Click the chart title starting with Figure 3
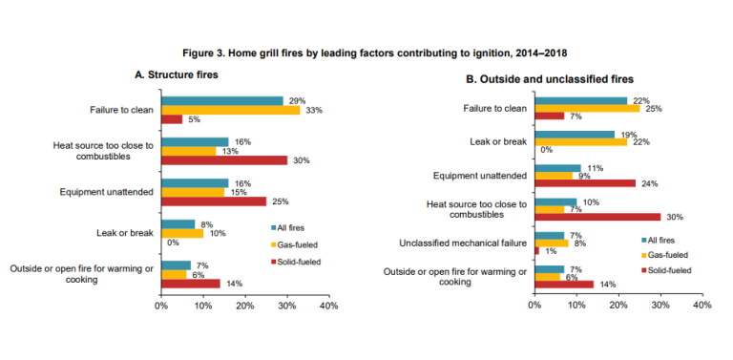366,50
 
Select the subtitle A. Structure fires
177,74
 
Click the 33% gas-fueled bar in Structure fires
230,110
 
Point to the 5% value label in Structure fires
193,119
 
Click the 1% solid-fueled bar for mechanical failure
537,251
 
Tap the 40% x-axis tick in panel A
327,307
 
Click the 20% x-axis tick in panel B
618,307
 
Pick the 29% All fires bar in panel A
221,100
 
